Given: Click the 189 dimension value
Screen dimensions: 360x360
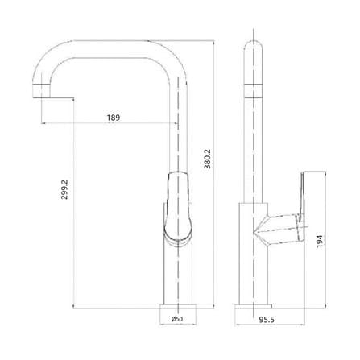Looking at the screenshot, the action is [x=114, y=118].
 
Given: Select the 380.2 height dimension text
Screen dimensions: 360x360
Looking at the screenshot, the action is [x=208, y=159].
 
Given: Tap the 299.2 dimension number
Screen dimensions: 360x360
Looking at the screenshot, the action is [x=64, y=189].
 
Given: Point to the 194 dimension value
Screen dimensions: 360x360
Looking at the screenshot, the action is [x=320, y=241].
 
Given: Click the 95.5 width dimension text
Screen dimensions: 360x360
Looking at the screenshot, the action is [x=267, y=320].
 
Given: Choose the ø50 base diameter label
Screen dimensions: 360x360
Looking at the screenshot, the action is [x=177, y=319].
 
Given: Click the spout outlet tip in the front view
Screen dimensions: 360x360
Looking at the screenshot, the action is [x=41, y=97].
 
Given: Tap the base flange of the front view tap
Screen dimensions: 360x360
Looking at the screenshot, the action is [x=178, y=306].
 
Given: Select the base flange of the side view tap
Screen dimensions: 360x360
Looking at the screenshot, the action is [x=253, y=306].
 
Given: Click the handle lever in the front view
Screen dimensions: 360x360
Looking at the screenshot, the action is [x=178, y=208].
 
